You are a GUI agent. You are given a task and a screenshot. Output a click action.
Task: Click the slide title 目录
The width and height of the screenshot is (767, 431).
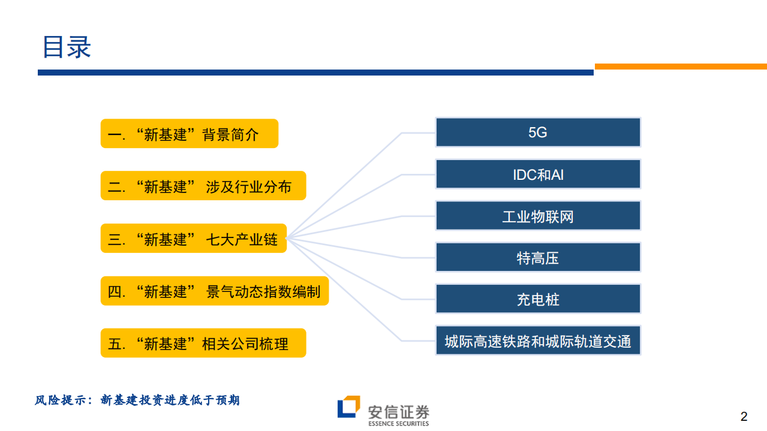tap(67, 47)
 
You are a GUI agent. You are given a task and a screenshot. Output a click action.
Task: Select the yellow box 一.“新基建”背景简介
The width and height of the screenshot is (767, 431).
tap(189, 134)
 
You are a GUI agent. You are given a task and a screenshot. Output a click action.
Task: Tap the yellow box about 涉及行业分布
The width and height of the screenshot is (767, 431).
tap(203, 186)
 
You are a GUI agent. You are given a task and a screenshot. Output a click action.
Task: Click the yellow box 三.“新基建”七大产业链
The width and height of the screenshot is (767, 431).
tap(193, 239)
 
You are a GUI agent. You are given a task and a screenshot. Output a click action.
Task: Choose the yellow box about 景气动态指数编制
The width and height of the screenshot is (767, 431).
tap(214, 291)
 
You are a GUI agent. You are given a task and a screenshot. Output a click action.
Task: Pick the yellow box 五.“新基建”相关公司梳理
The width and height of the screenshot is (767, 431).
tap(203, 343)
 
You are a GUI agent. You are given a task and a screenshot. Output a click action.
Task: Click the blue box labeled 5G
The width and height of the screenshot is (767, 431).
tap(537, 132)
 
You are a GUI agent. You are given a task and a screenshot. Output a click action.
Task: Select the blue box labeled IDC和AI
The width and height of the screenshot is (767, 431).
tap(537, 174)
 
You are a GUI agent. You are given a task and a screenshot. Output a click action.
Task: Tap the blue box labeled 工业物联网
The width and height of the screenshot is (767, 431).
tap(537, 216)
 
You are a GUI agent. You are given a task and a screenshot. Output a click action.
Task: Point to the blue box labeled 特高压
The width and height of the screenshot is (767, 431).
tap(537, 258)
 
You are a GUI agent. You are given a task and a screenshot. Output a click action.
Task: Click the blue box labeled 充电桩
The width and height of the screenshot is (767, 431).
tap(537, 299)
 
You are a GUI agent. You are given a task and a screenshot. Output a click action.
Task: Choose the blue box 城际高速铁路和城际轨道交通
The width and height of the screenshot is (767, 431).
tap(537, 341)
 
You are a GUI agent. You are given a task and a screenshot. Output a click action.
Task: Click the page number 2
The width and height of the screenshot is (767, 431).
tap(744, 417)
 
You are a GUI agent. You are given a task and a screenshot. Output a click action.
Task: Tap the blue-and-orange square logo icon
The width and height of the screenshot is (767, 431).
tap(348, 407)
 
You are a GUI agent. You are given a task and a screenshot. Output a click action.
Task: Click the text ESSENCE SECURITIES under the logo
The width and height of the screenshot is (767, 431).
tap(399, 424)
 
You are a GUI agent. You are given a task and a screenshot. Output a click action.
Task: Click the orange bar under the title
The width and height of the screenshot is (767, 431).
tap(680, 67)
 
